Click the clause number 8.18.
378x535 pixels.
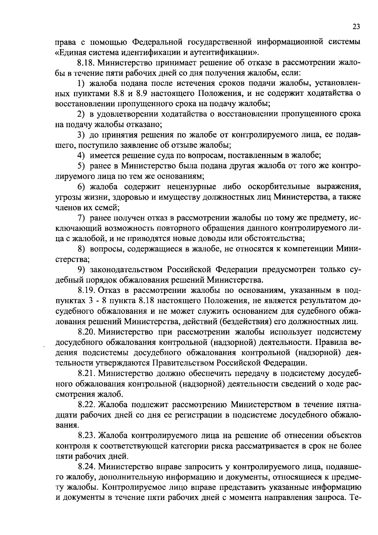[87, 63]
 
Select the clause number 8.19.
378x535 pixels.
[87, 290]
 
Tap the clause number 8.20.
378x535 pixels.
[87, 332]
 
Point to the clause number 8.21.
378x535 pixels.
[87, 374]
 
